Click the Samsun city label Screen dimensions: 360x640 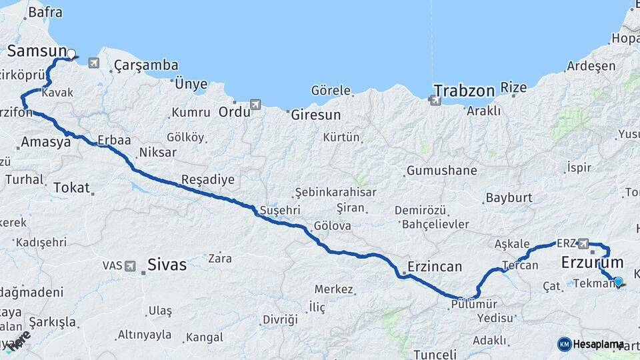pos(37,51)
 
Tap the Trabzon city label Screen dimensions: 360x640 pos(464,91)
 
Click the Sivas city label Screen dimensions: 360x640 pos(167,264)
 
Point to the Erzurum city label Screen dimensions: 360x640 pos(592,262)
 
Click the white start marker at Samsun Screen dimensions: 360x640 pos(71,53)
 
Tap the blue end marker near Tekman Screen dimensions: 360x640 pos(618,282)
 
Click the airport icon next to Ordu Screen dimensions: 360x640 pos(255,105)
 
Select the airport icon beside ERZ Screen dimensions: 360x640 pos(584,243)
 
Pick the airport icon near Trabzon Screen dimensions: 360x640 pos(435,101)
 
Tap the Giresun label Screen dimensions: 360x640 pos(315,115)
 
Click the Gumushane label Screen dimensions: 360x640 pos(441,171)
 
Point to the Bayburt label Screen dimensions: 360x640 pos(509,197)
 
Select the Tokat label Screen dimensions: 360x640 pos(71,187)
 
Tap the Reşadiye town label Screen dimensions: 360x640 pos(208,179)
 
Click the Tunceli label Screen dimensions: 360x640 pos(435,354)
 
